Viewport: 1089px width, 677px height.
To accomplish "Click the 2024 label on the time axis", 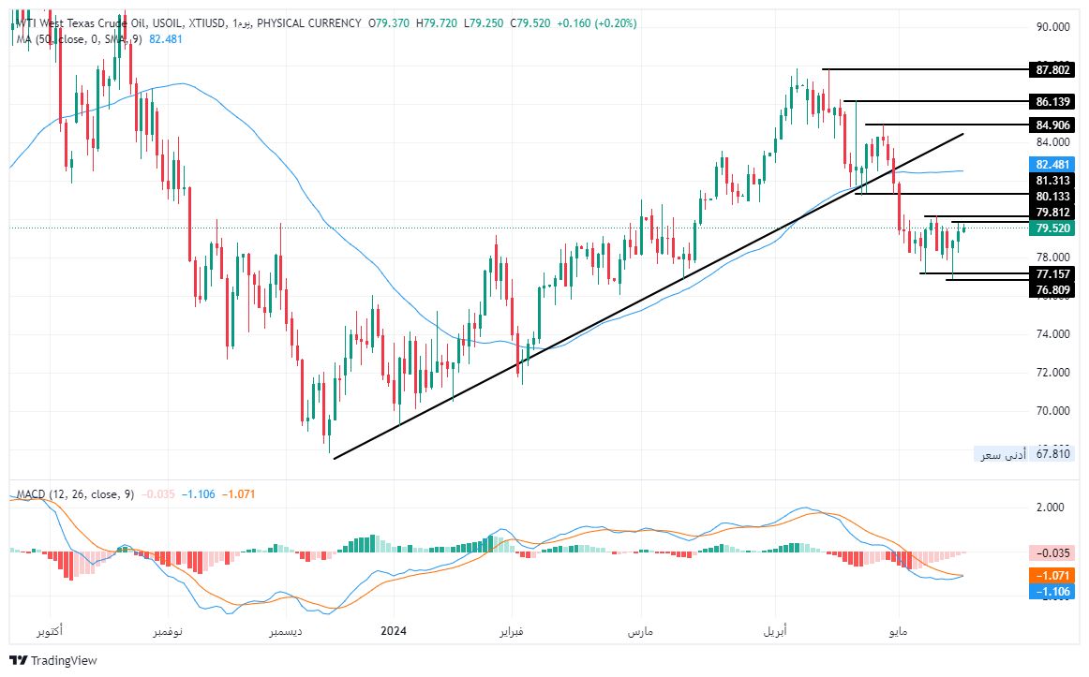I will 394,632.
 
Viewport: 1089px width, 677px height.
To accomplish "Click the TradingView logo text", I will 64,661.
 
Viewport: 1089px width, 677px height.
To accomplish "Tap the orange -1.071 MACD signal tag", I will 1051,575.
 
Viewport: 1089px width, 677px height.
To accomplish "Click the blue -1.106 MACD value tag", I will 1051,592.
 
